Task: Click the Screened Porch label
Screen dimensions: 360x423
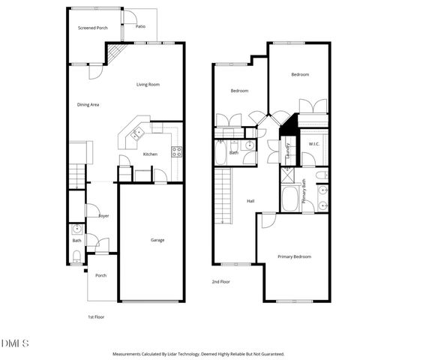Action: (x=93, y=28)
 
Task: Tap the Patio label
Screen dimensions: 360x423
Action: (x=140, y=26)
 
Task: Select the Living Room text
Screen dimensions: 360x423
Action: (x=148, y=85)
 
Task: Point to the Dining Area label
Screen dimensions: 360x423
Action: (x=88, y=105)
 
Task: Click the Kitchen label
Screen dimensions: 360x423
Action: (x=150, y=154)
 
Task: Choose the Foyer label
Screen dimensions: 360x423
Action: (x=103, y=216)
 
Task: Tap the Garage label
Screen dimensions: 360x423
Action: (x=157, y=240)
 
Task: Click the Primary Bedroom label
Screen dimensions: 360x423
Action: (x=294, y=256)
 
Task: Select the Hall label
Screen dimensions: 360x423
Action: (x=251, y=201)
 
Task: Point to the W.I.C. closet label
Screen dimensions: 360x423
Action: (x=313, y=143)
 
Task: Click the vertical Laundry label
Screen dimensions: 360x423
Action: (x=288, y=152)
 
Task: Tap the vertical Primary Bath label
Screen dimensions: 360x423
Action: (x=304, y=192)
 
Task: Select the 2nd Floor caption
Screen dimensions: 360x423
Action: (x=221, y=281)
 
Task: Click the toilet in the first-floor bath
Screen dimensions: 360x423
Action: (x=76, y=257)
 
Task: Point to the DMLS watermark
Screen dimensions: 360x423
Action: (x=15, y=343)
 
